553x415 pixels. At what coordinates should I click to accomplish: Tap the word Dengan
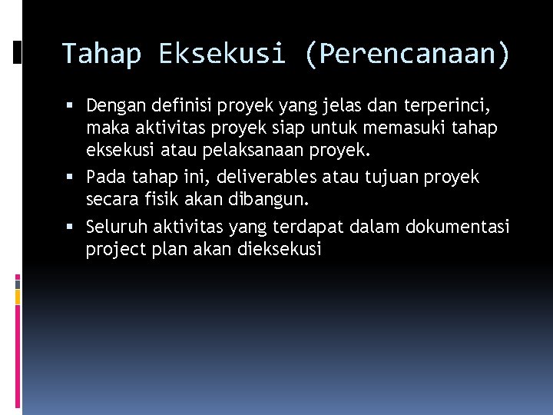(114, 104)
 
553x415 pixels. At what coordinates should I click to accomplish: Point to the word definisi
(177, 104)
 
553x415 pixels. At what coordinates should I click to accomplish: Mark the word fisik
(162, 199)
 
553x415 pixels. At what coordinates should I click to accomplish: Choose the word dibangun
(270, 199)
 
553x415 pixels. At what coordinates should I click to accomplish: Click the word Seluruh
(117, 227)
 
